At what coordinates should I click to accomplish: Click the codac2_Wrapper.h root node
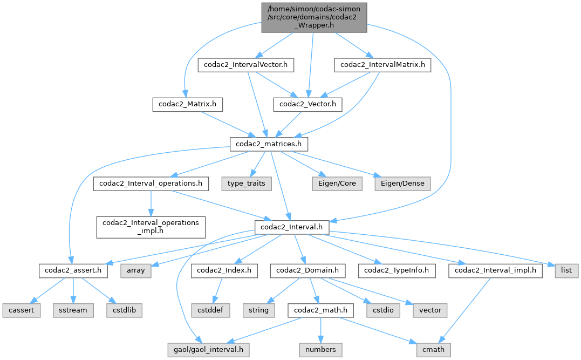(x=315, y=17)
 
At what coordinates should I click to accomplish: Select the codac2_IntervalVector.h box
(x=246, y=65)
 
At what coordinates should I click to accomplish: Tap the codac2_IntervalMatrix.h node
(x=382, y=65)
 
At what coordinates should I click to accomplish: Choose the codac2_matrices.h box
(x=269, y=144)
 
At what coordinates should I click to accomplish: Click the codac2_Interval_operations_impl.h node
(x=151, y=227)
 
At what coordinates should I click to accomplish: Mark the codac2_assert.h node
(x=73, y=270)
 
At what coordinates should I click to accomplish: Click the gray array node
(x=135, y=270)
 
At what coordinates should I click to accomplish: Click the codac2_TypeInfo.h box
(x=399, y=270)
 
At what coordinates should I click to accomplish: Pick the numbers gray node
(x=321, y=350)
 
